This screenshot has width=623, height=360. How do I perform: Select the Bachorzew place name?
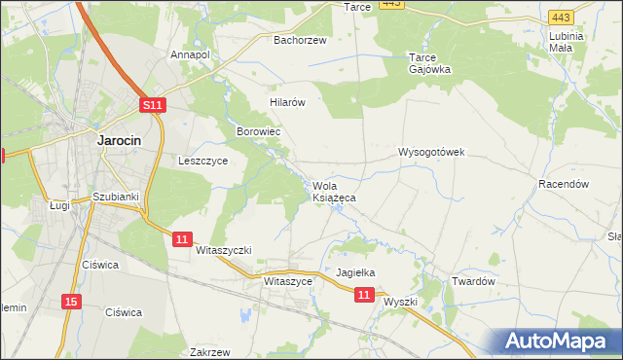(x=300, y=41)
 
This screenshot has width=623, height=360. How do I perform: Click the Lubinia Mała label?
(x=566, y=41)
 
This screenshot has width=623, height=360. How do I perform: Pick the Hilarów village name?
(x=288, y=101)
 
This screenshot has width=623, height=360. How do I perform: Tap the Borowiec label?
(x=259, y=130)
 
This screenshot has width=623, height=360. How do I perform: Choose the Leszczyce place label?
(x=202, y=162)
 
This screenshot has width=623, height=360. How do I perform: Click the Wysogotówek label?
(x=432, y=153)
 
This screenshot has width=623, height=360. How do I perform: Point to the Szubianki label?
(x=116, y=197)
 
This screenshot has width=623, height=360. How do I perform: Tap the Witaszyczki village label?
(x=224, y=250)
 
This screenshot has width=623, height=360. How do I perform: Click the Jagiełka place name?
(x=355, y=273)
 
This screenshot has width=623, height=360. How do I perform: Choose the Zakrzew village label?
(x=210, y=352)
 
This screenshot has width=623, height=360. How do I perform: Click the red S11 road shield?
(x=153, y=105)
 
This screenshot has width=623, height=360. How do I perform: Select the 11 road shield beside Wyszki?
(x=364, y=294)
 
